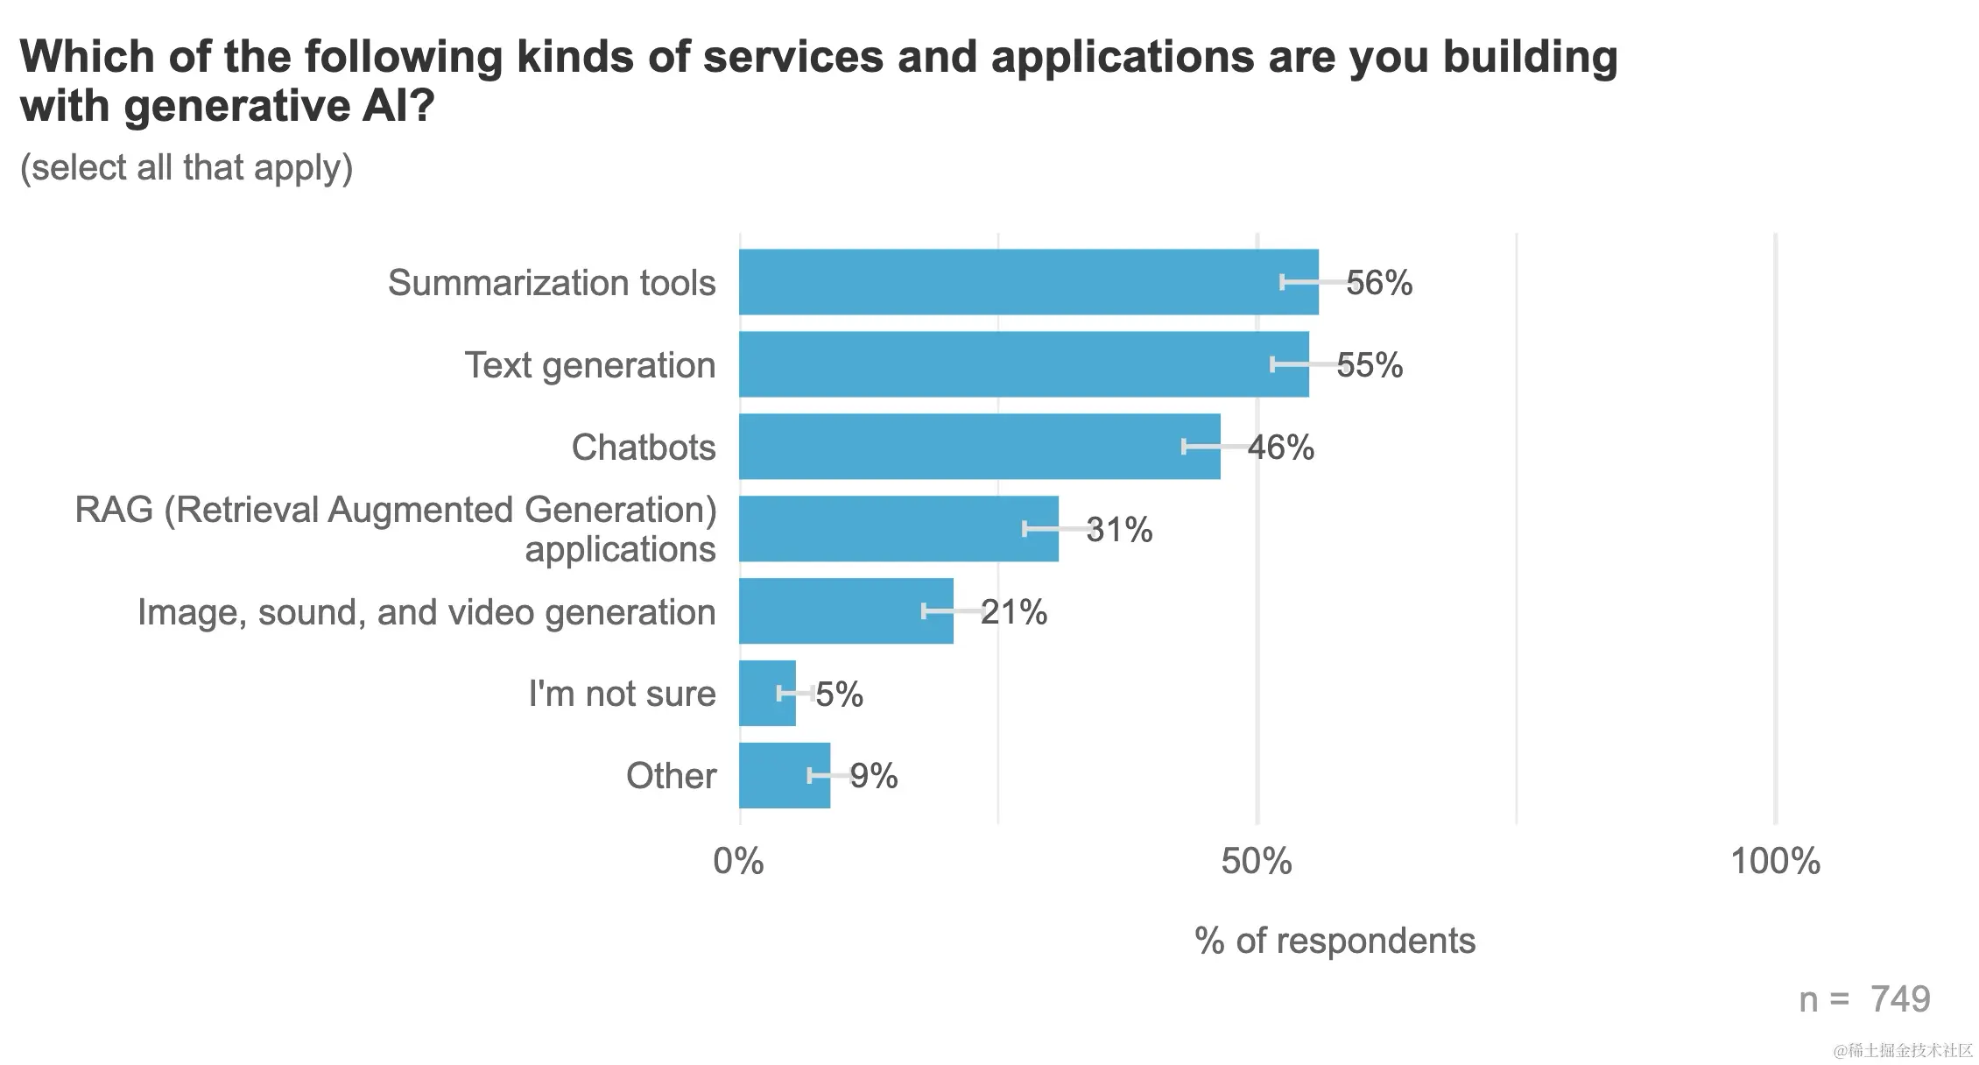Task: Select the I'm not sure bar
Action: (x=767, y=694)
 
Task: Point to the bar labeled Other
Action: (x=784, y=776)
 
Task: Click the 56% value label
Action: (x=1379, y=283)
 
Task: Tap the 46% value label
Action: (x=1281, y=448)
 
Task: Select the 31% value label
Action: (x=1119, y=530)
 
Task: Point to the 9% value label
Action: (x=874, y=776)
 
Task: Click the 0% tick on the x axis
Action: (x=738, y=862)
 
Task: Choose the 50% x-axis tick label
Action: (x=1257, y=862)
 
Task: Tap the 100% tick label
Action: (x=1775, y=862)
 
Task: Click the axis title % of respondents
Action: (x=1335, y=941)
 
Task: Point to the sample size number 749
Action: (x=1900, y=999)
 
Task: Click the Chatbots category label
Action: (x=644, y=448)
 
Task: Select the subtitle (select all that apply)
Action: (x=187, y=167)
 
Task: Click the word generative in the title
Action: (x=236, y=107)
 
